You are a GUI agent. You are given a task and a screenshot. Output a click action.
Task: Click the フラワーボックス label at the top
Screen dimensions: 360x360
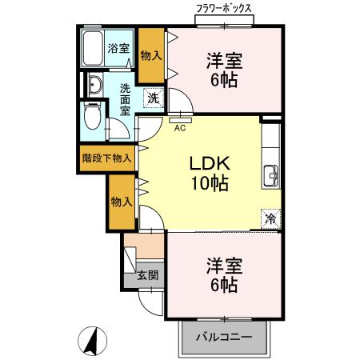pos(225,9)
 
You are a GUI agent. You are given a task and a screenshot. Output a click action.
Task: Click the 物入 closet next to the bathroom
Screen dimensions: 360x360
pos(149,55)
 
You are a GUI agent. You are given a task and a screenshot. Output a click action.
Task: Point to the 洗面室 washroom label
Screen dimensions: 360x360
pos(126,99)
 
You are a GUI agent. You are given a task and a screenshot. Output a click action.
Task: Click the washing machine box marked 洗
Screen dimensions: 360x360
pos(152,98)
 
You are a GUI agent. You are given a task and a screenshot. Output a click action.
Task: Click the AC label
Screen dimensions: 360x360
pos(180,125)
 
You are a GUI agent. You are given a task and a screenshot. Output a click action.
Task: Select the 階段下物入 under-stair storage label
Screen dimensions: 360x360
pos(107,158)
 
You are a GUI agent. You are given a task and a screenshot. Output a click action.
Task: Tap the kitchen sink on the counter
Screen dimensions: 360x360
pos(270,174)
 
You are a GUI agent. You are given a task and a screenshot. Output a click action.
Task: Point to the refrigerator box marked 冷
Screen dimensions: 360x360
pos(270,218)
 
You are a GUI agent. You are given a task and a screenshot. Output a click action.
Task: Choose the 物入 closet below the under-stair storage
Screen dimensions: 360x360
pos(122,202)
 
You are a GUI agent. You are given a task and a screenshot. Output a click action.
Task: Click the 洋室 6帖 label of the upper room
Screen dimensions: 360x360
pos(224,70)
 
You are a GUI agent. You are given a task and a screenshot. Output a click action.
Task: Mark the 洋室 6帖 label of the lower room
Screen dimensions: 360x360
pos(224,274)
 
